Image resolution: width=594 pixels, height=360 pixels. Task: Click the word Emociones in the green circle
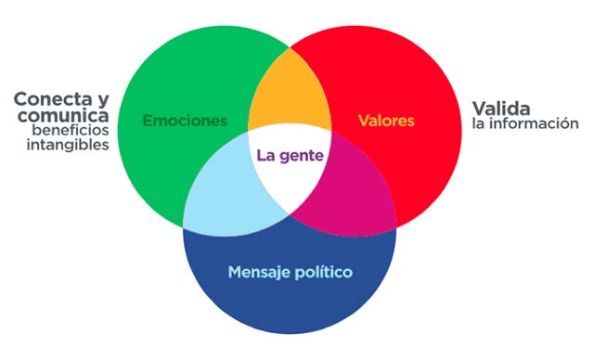186,121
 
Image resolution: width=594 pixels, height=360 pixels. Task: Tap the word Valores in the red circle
386,121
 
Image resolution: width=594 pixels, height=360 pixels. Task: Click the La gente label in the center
290,155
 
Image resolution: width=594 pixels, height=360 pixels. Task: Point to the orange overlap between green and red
290,93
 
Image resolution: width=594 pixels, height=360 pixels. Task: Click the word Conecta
52,97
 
